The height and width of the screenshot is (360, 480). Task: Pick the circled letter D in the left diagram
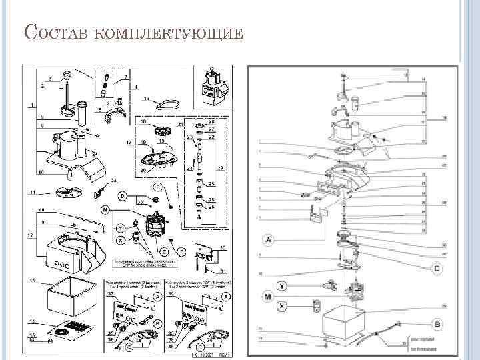pyautogui.click(x=123, y=196)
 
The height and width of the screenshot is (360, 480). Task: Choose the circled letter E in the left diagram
pyautogui.click(x=164, y=251)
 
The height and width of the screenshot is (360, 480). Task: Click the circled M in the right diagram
pyautogui.click(x=267, y=295)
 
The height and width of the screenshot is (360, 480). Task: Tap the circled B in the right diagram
pyautogui.click(x=437, y=323)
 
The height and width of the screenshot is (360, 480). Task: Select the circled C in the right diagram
pyautogui.click(x=437, y=269)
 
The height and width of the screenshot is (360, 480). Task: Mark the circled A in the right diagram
pyautogui.click(x=268, y=239)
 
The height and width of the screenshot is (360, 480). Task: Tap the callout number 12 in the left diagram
pyautogui.click(x=29, y=236)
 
